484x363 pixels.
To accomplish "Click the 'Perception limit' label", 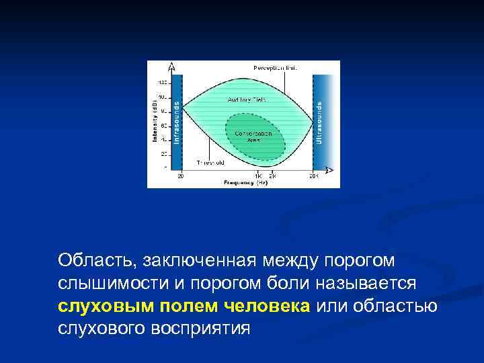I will pos(275,68).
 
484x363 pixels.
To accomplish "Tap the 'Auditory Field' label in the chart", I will pos(247,99).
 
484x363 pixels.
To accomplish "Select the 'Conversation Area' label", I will pos(253,136).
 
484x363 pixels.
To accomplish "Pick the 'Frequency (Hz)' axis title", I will pos(246,182).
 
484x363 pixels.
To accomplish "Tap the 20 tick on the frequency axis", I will pos(181,177).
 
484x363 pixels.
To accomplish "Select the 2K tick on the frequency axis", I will pos(272,177).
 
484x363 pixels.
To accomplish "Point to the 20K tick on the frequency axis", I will pos(313,177).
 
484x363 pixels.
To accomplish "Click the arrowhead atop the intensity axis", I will pos(172,65).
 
